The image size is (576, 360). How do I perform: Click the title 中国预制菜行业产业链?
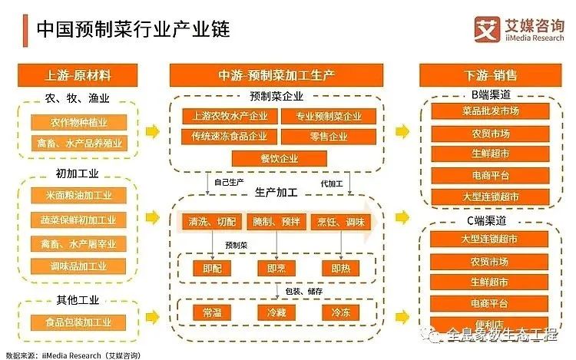click(x=134, y=28)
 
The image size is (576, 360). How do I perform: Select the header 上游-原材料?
click(x=78, y=75)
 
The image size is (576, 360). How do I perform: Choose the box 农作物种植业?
click(x=78, y=122)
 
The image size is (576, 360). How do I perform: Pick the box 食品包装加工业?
click(x=78, y=322)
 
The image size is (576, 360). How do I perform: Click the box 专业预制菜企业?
click(x=328, y=117)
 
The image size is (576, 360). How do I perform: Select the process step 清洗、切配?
click(x=211, y=222)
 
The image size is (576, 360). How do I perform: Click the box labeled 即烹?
click(x=276, y=269)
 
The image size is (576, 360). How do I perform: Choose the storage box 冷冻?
click(x=340, y=313)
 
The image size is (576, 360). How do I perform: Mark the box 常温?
click(x=211, y=313)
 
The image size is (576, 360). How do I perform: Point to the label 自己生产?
click(x=229, y=184)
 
